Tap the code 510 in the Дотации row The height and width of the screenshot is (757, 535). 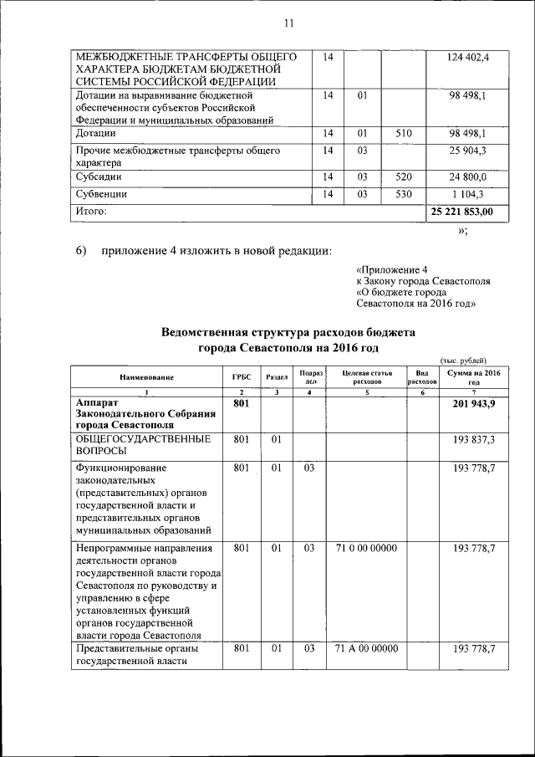click(x=404, y=133)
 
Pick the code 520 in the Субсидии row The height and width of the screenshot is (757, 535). click(x=404, y=177)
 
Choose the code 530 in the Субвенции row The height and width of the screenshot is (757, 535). click(x=404, y=194)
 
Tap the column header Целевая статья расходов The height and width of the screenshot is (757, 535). click(x=366, y=376)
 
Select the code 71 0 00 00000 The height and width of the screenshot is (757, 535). click(x=365, y=549)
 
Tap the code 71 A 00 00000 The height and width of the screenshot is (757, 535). click(x=365, y=649)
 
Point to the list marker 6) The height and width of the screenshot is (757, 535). click(x=82, y=251)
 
